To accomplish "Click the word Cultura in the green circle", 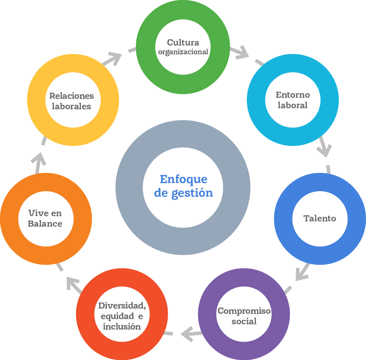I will click(x=183, y=43).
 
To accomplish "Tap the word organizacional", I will click(x=183, y=52).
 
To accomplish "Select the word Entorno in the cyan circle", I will click(x=293, y=95).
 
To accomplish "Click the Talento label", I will click(x=320, y=219).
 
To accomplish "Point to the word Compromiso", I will click(x=244, y=311).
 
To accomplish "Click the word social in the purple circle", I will click(x=244, y=321).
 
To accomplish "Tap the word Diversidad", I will click(x=122, y=306).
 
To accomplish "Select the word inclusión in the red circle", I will click(x=122, y=326).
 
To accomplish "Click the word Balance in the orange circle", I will click(x=45, y=224).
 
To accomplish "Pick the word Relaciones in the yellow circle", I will click(x=71, y=96).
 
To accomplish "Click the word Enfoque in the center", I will click(x=184, y=179).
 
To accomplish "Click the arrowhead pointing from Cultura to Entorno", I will click(x=241, y=52).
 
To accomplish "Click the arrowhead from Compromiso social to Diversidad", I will click(x=187, y=334).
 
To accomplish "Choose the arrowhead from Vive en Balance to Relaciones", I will click(x=39, y=159).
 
